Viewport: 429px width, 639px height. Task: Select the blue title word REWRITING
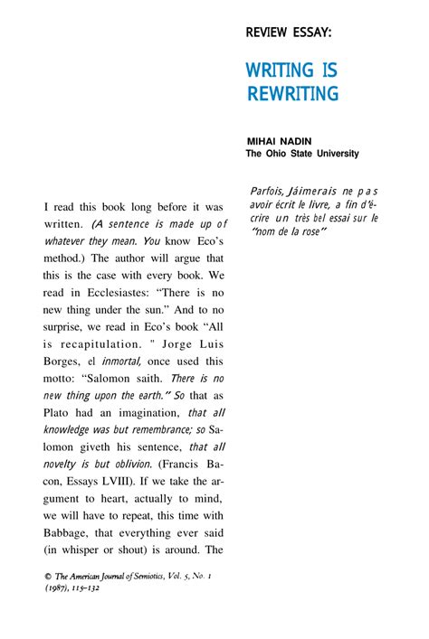click(292, 93)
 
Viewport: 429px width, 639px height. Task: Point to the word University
click(335, 154)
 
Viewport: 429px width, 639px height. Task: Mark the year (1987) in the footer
click(61, 587)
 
